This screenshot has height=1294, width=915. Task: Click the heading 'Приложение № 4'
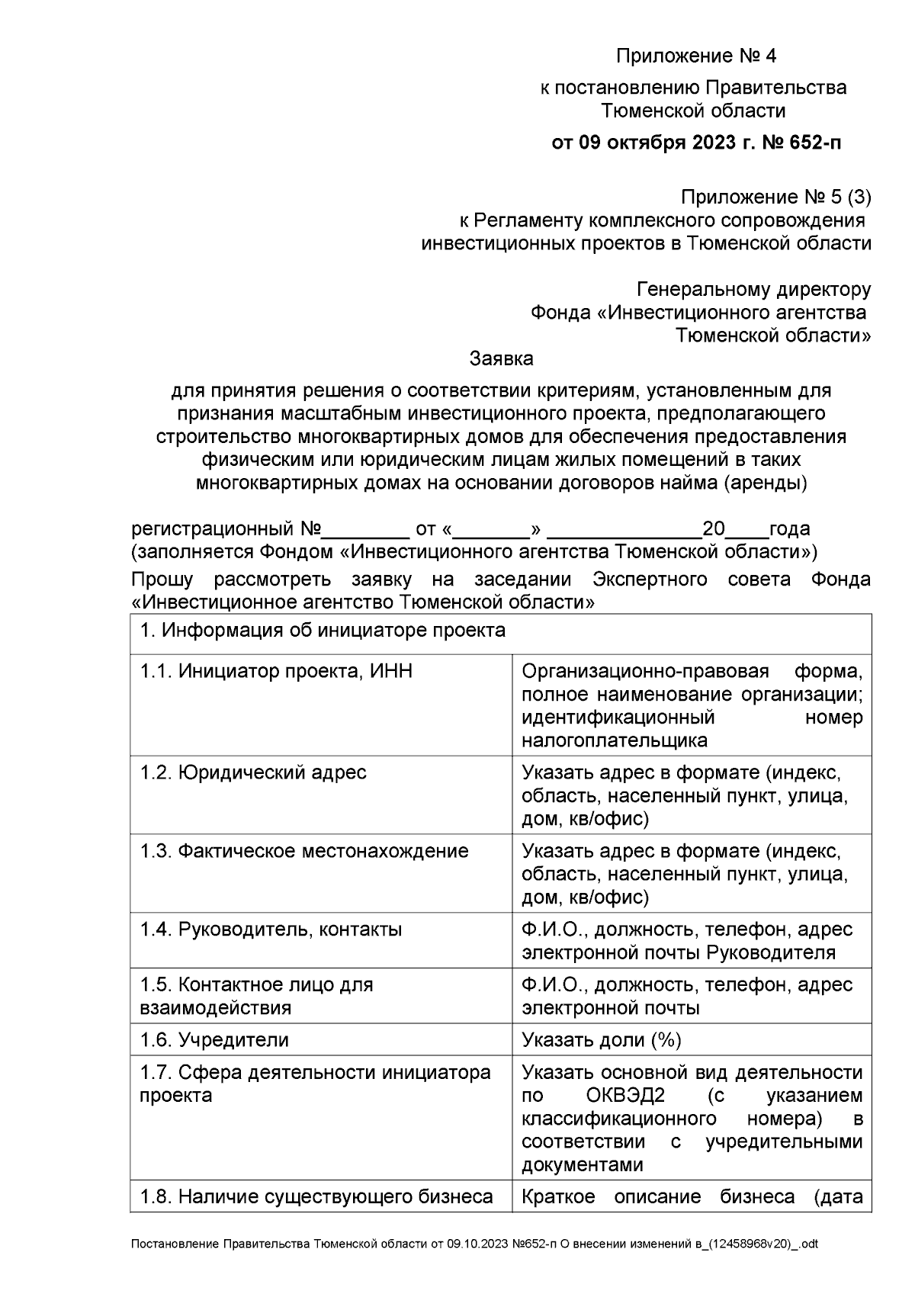coord(695,56)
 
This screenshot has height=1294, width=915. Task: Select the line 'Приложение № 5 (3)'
coord(775,197)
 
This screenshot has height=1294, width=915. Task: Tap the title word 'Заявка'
coord(501,358)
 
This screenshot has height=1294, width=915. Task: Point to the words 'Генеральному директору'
coord(753,290)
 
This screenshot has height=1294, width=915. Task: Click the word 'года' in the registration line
coord(789,529)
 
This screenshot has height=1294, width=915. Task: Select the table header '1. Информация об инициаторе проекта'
coord(323,631)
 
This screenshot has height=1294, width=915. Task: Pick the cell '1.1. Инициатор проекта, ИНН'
coord(276,671)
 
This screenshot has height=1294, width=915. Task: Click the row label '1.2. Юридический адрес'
coord(253,772)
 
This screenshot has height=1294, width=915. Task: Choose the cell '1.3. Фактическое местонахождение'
coord(304,851)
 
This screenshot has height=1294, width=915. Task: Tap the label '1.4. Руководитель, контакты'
coord(271,930)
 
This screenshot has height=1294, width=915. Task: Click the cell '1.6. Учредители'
coord(214,1040)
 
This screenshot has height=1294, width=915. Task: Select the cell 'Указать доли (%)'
coord(602,1040)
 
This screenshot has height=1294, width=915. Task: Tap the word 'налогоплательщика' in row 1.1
coord(615,740)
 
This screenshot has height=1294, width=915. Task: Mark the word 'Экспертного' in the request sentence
coord(650,580)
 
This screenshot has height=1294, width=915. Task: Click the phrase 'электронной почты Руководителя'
coord(679,953)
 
